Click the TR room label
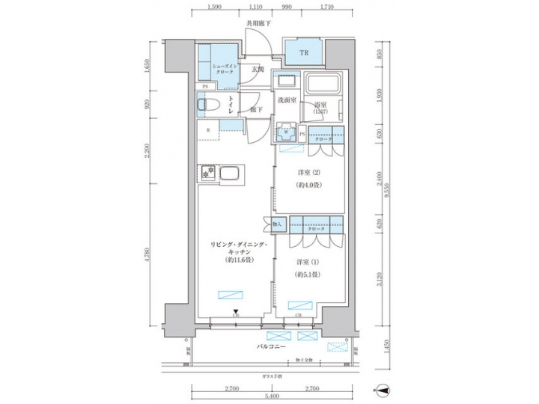(305, 53)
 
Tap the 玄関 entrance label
(257, 70)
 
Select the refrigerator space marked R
(208, 130)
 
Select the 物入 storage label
(277, 224)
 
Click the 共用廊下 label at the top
(258, 25)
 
